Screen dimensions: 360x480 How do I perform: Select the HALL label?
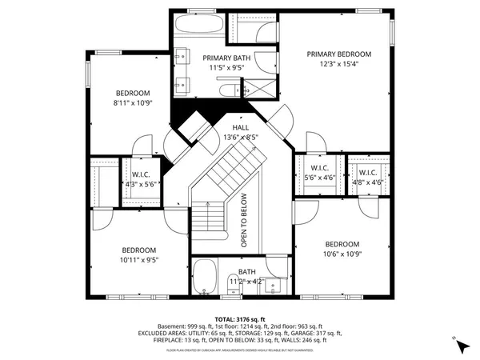tap(241, 127)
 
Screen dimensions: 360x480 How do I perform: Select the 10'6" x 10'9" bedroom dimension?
tap(342, 254)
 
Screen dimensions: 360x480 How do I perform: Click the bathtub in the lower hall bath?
tap(205, 277)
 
